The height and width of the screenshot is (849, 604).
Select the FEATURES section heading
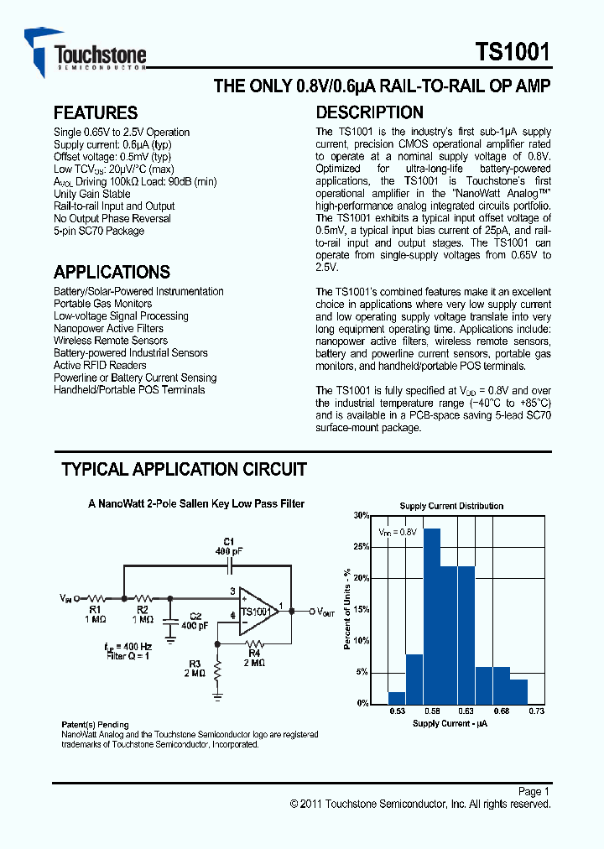pyautogui.click(x=95, y=113)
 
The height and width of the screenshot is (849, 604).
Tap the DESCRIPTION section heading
pyautogui.click(x=369, y=113)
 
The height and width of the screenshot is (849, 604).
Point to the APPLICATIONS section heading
pyautogui.click(x=112, y=272)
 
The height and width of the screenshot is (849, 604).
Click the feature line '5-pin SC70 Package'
pyautogui.click(x=99, y=231)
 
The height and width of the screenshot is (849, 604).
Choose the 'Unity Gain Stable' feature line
pyautogui.click(x=92, y=194)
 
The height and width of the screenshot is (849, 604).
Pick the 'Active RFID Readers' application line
pyautogui.click(x=100, y=365)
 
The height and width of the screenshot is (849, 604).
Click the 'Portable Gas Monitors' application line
pyautogui.click(x=103, y=304)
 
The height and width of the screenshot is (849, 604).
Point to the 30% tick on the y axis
pyautogui.click(x=361, y=516)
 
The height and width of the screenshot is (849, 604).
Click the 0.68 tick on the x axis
pyautogui.click(x=502, y=711)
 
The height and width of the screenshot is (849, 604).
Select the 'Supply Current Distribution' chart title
pyautogui.click(x=451, y=506)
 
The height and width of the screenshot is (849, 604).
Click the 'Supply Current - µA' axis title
pyautogui.click(x=450, y=723)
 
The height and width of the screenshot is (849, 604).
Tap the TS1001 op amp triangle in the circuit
pyautogui.click(x=257, y=611)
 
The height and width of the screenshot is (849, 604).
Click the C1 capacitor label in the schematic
pyautogui.click(x=228, y=541)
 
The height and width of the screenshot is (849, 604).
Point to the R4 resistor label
pyautogui.click(x=254, y=652)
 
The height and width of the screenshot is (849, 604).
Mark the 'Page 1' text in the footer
pyautogui.click(x=534, y=791)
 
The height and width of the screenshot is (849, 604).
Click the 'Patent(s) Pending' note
pyautogui.click(x=96, y=725)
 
